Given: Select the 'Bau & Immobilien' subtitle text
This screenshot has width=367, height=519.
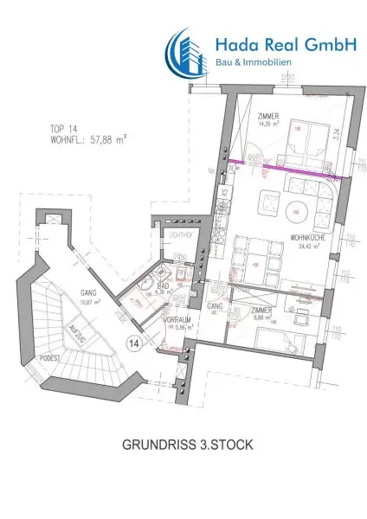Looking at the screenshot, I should point(253,63).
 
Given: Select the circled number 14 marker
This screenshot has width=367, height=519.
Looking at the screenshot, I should point(134,343).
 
